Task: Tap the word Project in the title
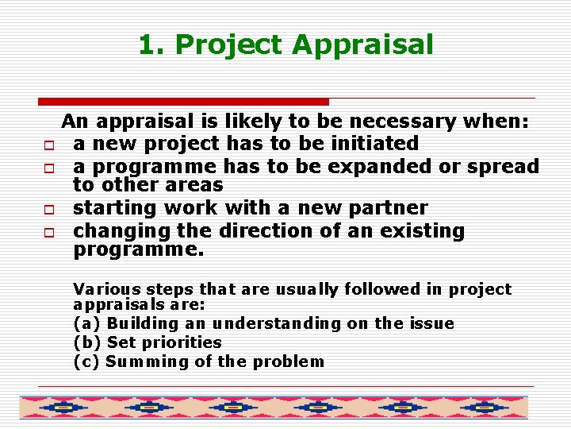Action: pyautogui.click(x=229, y=44)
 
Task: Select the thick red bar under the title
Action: pyautogui.click(x=183, y=102)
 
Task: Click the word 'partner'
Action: pyautogui.click(x=388, y=209)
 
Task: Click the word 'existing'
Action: pyautogui.click(x=424, y=231)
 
